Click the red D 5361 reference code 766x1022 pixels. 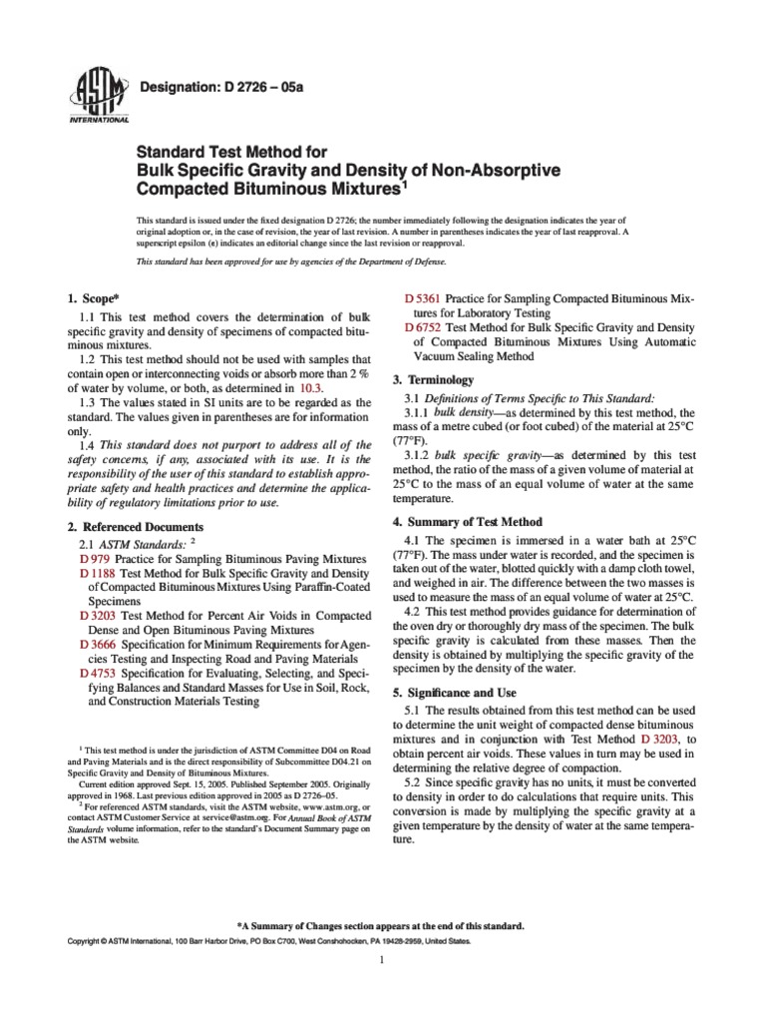423,298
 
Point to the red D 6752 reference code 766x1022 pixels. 423,327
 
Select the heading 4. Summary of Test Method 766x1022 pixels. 468,522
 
